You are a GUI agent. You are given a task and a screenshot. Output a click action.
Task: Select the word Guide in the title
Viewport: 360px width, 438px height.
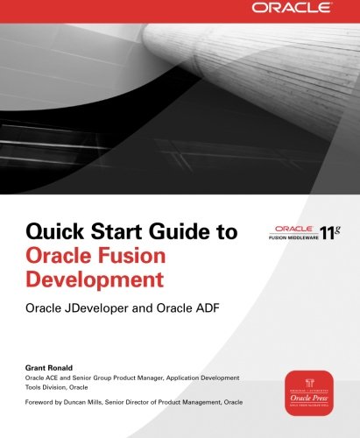click(163, 235)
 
